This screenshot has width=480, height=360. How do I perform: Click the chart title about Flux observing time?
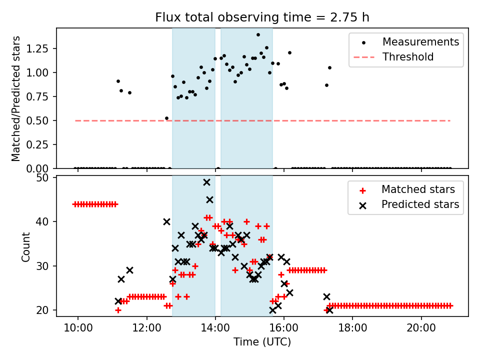pos(262,17)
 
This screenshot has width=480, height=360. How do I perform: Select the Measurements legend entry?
pos(420,42)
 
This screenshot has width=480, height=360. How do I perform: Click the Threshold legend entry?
pos(408,57)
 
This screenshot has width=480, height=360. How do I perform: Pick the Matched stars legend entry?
pos(418,189)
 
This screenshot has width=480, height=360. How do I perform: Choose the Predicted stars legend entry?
pos(420,204)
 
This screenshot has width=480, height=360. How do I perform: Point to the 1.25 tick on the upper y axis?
pos(40,49)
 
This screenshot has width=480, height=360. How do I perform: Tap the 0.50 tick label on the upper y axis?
pos(40,120)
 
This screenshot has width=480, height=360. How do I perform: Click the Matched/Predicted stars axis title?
pos(16,98)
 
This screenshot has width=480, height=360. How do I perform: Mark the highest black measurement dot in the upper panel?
pos(258,35)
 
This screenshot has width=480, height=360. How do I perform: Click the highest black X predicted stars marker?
pos(206,182)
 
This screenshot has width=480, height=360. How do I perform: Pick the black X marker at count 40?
pos(167,221)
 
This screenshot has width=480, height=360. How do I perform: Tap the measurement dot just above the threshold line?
pos(166,118)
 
